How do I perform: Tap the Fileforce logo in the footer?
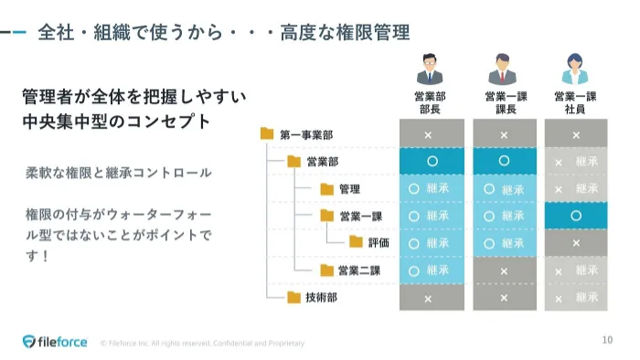56,342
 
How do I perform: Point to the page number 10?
607,341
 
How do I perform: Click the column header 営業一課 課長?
504,101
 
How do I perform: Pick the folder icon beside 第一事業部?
267,134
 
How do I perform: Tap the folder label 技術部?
322,297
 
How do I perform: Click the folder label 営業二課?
358,270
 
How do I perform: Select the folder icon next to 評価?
356,243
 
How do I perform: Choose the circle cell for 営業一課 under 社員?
576,216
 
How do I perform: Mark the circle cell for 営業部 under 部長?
432,161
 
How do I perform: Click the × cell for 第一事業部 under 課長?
504,134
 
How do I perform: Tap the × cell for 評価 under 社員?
576,243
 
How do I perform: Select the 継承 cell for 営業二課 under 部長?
432,270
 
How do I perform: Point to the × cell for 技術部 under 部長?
432,298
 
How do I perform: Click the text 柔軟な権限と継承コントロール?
119,172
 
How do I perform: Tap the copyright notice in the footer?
202,344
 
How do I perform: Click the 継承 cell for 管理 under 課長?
504,189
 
